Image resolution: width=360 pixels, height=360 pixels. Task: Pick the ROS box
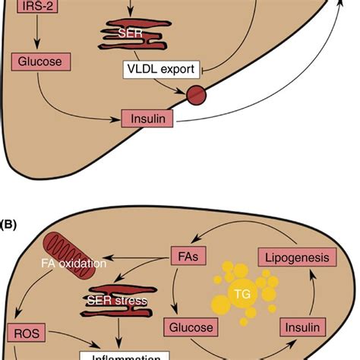pos(26,332)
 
